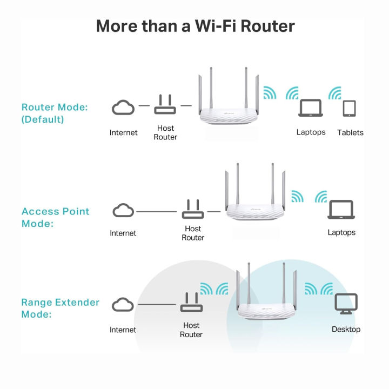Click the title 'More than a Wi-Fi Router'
194,25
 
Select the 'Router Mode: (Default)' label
54,113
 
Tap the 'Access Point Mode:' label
55,217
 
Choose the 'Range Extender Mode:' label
60,308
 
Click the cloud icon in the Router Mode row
123,107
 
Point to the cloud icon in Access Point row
123,211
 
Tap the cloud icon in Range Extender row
123,305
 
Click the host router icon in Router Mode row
165,106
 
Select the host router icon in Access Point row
193,209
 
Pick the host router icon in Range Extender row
191,304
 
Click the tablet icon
350,109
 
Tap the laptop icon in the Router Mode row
311,109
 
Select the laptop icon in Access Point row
341,210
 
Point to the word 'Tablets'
350,133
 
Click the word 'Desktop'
346,329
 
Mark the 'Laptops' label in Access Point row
341,232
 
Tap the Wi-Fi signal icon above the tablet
335,93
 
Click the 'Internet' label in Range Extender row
123,330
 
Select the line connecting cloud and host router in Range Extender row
157,305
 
